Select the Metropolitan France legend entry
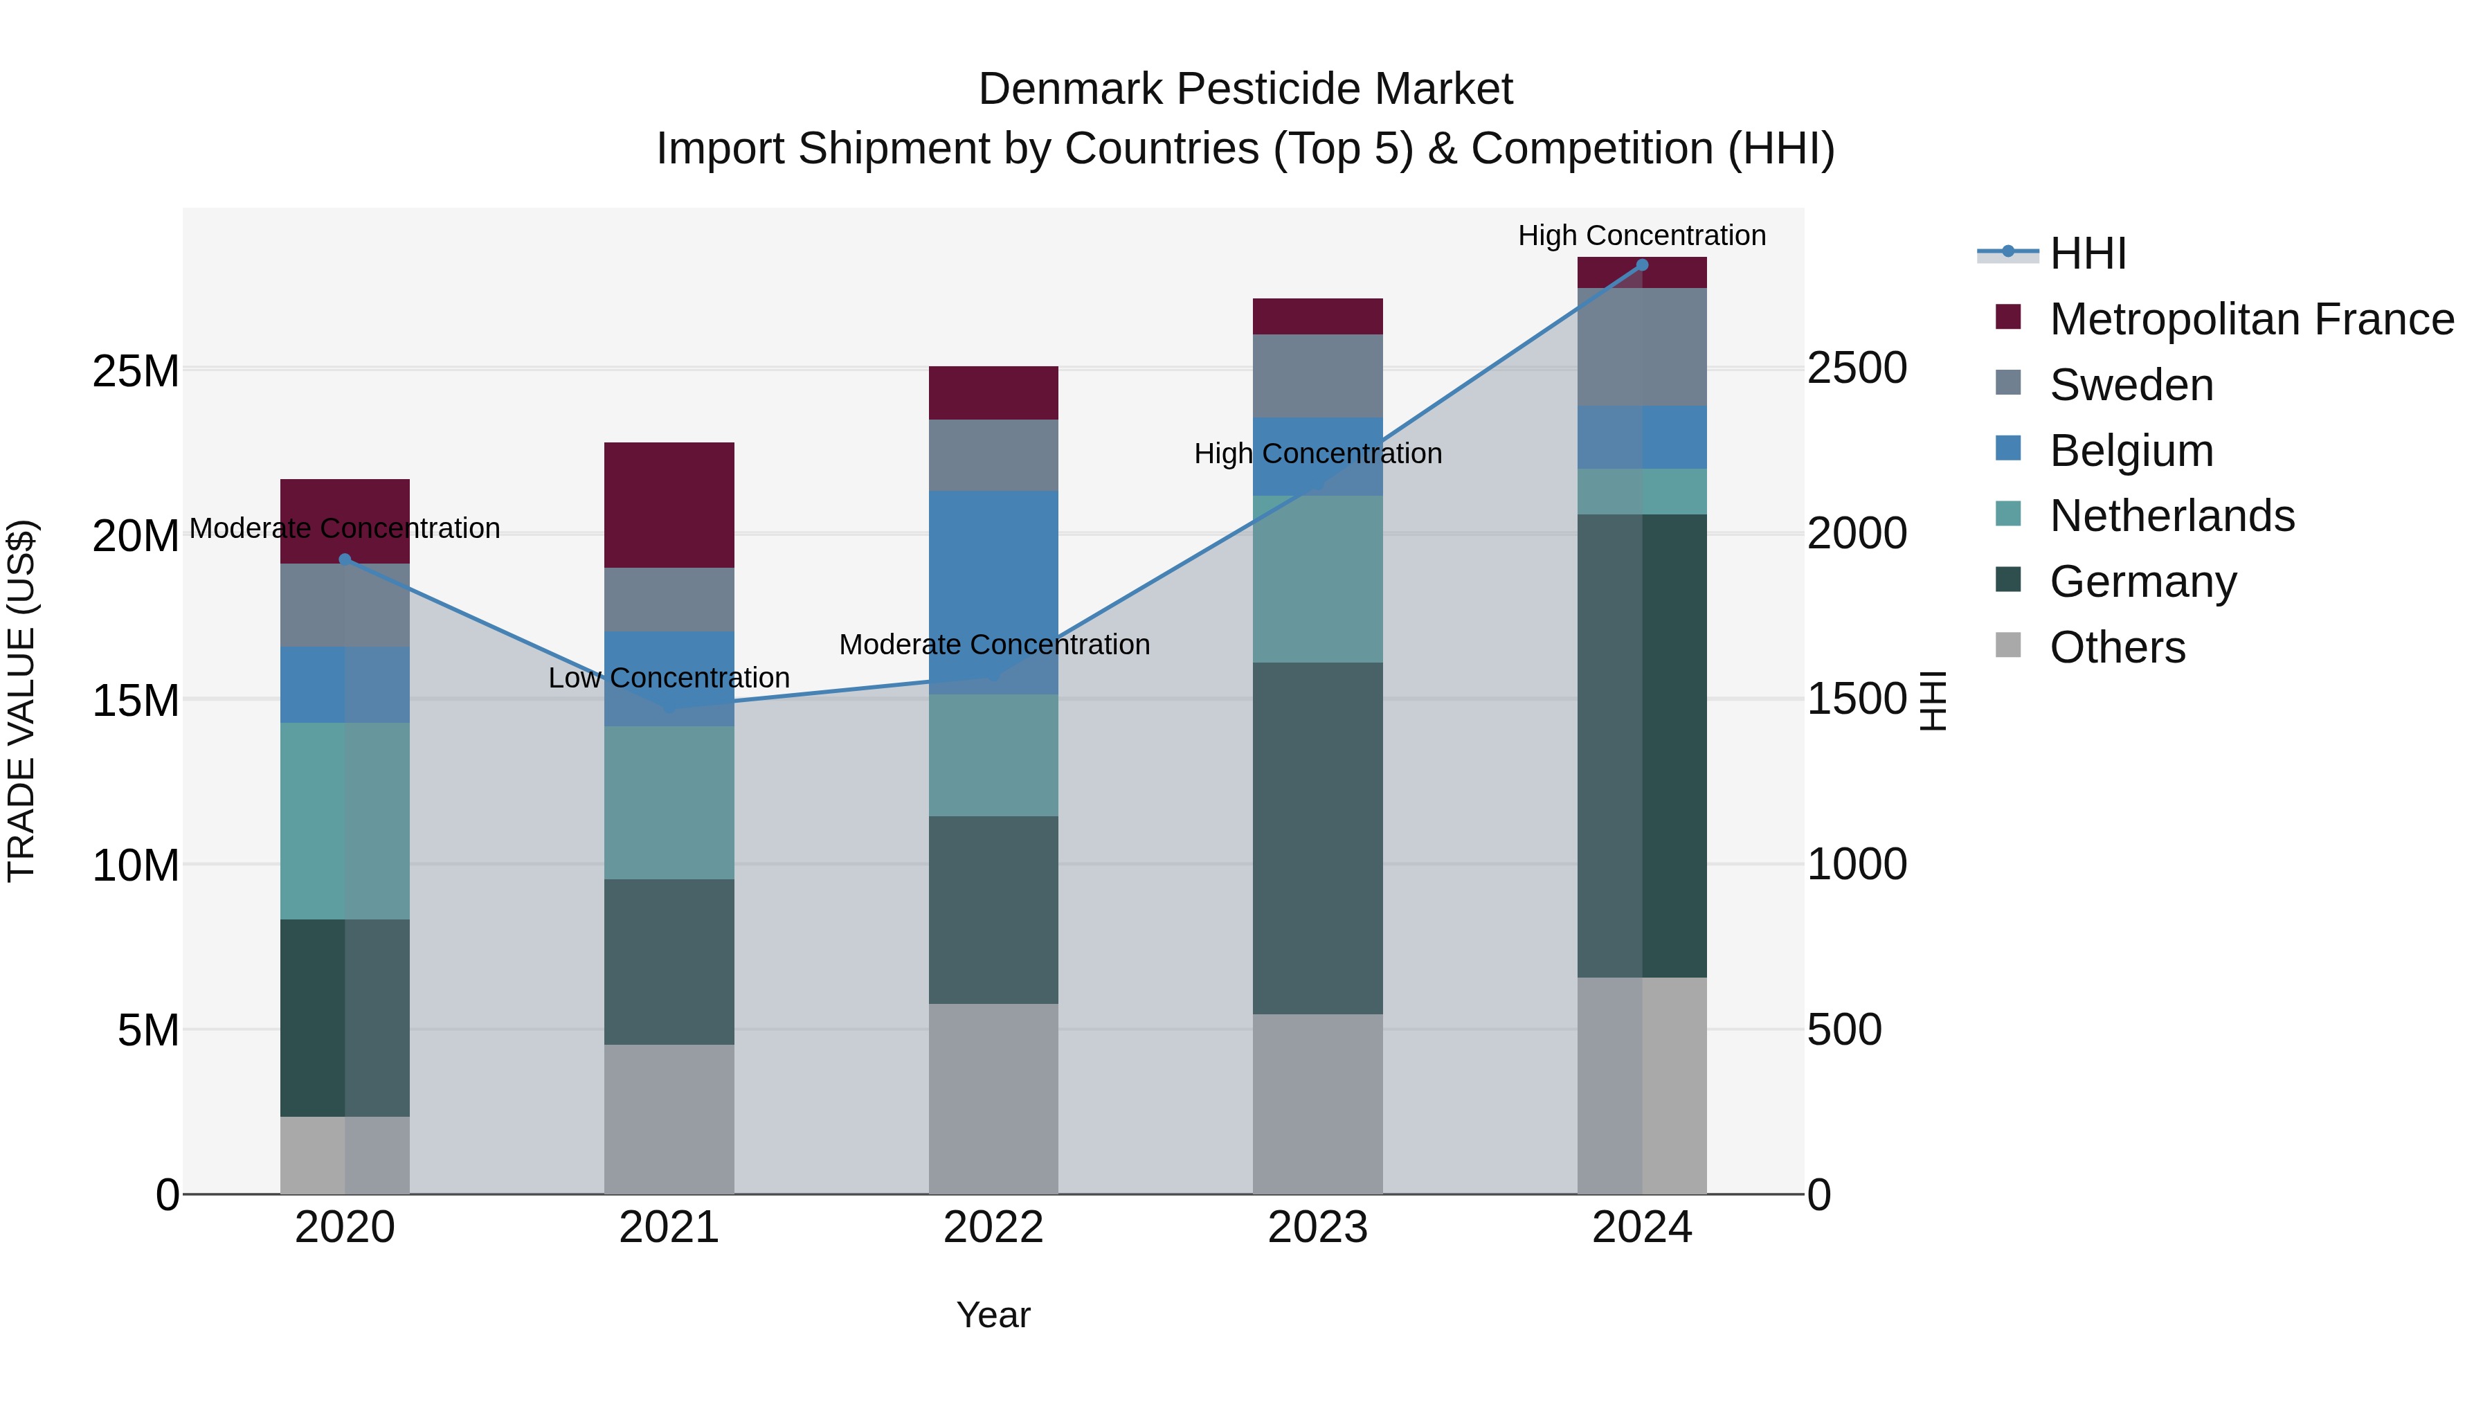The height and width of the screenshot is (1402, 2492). coord(2251,319)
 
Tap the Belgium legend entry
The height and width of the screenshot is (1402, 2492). coord(2131,451)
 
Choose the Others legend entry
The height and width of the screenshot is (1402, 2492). coord(2117,647)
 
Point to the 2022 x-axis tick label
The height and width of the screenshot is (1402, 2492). coord(993,1228)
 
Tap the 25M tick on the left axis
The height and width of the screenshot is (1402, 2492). coord(136,370)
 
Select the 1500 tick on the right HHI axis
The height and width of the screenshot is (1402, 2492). coord(1855,699)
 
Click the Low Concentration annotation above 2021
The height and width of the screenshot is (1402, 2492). coord(669,678)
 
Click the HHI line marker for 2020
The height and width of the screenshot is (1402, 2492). coord(345,559)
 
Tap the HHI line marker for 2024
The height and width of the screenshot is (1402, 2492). coord(1642,265)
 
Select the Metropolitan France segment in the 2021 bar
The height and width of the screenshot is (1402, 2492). coord(669,505)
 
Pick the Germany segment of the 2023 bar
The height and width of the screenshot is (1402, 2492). coord(1317,838)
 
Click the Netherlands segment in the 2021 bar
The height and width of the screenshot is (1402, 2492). coord(669,802)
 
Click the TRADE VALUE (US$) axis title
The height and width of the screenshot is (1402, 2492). coord(21,701)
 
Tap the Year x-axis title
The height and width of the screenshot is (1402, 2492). coord(993,1315)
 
